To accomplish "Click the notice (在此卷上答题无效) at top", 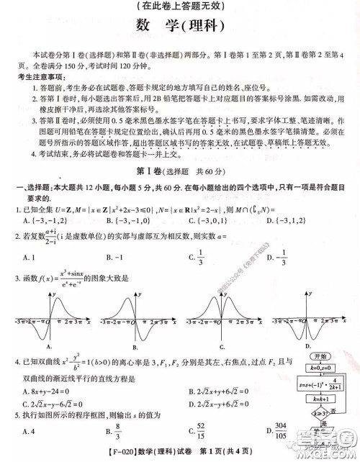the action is (x=180, y=6).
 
